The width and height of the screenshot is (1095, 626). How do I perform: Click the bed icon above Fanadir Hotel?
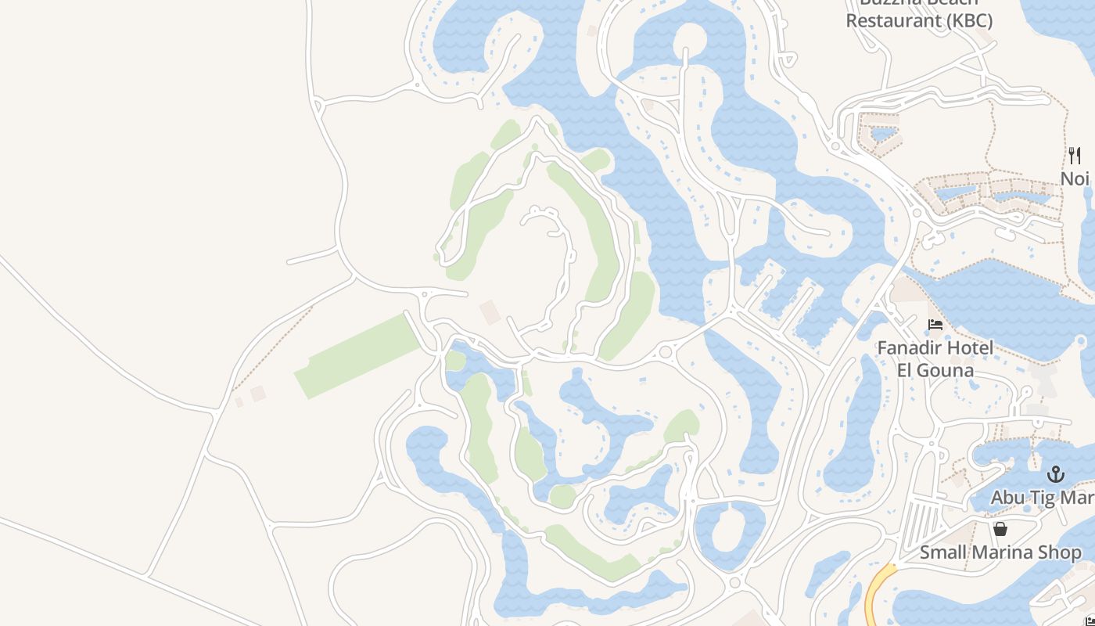click(x=935, y=324)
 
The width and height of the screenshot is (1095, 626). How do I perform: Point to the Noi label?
click(x=1075, y=178)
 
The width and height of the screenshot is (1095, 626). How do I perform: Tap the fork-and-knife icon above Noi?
click(x=1075, y=155)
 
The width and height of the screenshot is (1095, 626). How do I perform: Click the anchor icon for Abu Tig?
click(x=1056, y=474)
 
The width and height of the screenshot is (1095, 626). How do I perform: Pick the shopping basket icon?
click(x=1000, y=529)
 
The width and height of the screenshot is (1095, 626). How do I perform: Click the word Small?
click(x=944, y=552)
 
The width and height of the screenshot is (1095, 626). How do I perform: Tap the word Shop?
click(x=1061, y=552)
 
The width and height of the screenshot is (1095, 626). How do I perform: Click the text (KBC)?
click(x=969, y=20)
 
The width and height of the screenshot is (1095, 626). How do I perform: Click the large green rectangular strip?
click(x=358, y=357)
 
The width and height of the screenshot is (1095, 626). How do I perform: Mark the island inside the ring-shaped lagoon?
click(x=730, y=530)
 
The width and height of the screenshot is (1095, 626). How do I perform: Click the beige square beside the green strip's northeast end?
click(x=490, y=311)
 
